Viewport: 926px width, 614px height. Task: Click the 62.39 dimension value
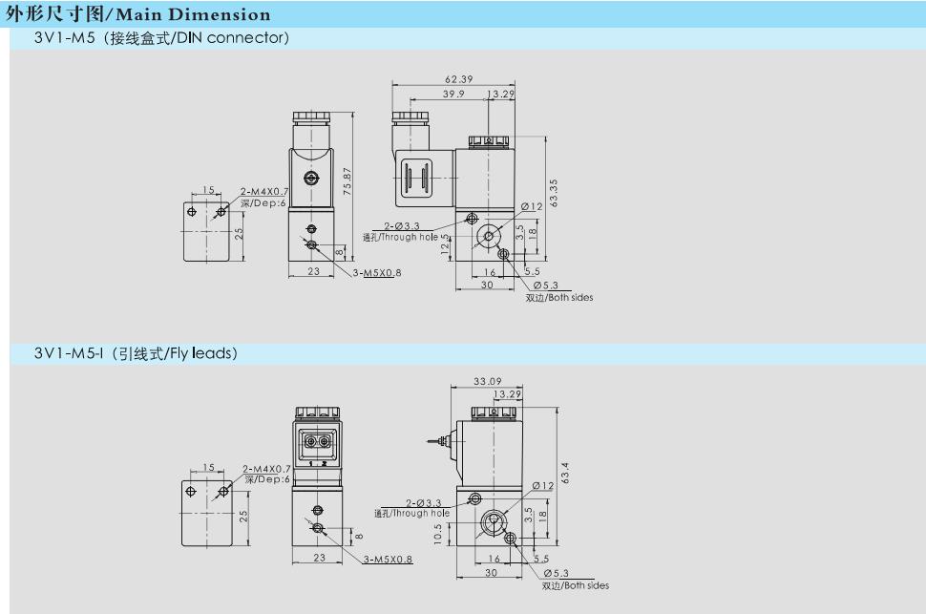[x=459, y=79]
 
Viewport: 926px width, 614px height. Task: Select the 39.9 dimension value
[x=453, y=94]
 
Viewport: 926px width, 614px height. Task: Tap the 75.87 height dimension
[x=347, y=181]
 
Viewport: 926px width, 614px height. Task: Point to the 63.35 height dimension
[x=554, y=193]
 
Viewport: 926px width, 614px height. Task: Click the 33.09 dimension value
[x=487, y=382]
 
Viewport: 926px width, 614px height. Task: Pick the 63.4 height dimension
[x=565, y=473]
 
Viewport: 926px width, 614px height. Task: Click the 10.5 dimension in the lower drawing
[x=437, y=534]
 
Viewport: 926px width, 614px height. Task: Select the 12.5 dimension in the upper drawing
[x=445, y=244]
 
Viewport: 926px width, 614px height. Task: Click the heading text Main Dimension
[x=193, y=14]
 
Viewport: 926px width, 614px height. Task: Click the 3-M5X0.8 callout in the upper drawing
[x=377, y=273]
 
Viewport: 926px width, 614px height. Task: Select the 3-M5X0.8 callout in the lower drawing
[x=388, y=560]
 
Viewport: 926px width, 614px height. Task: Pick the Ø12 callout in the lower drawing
[x=543, y=486]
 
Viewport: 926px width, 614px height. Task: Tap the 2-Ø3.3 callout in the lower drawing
[x=424, y=503]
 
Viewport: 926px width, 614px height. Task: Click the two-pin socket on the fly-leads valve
[x=318, y=441]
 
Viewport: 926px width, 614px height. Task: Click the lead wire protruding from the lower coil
[x=437, y=441]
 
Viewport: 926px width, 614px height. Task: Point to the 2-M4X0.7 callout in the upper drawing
[x=264, y=192]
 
